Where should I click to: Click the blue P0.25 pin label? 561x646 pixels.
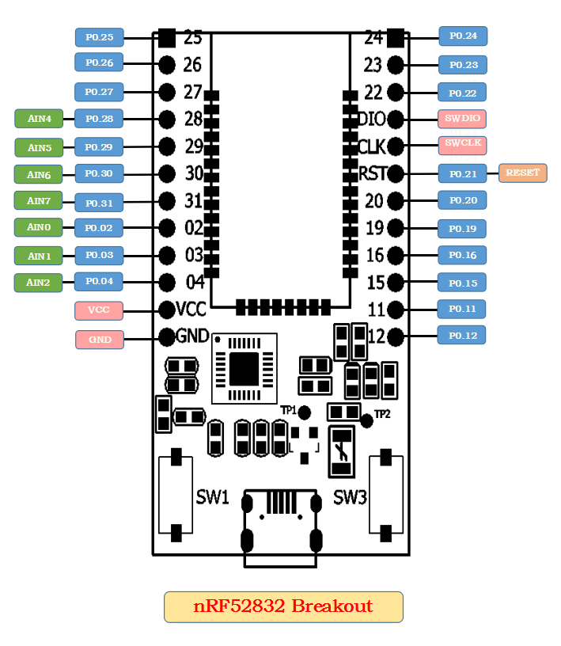99,36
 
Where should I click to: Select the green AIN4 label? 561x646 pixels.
39,119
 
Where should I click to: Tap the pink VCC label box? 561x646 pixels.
99,310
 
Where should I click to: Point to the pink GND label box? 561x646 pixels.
99,340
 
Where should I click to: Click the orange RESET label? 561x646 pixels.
522,173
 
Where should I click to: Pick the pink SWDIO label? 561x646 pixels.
462,119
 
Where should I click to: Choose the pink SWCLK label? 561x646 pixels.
462,144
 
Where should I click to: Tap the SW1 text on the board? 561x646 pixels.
212,498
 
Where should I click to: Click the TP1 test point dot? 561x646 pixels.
304,412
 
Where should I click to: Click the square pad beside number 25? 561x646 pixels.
166,37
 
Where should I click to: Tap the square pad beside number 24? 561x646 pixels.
395,37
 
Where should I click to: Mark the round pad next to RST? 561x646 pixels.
395,173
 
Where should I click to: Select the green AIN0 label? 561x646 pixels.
39,227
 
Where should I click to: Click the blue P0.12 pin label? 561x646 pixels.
462,336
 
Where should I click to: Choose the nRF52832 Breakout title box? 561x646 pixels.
283,607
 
